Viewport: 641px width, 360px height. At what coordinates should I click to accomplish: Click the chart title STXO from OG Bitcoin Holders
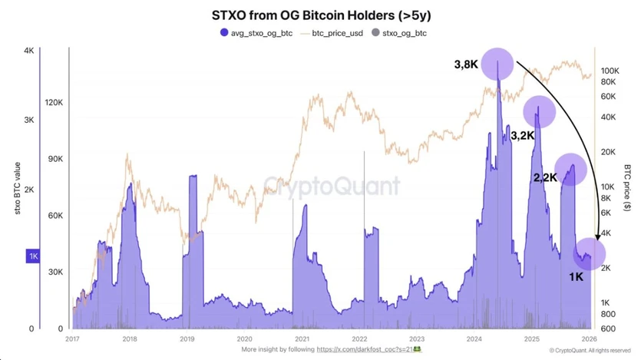(321, 15)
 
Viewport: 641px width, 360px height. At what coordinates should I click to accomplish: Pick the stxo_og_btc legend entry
(404, 33)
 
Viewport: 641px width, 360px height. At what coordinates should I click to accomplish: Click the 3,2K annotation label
(522, 135)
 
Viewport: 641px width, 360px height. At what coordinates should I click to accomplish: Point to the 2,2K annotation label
(545, 177)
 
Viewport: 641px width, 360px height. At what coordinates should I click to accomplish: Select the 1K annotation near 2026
(576, 277)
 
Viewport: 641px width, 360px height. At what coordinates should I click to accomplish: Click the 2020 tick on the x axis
(244, 339)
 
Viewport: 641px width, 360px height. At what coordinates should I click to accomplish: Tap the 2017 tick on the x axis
(73, 339)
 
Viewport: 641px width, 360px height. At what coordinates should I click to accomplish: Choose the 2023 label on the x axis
(416, 339)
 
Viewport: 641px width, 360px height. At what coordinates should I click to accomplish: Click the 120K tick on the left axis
(55, 102)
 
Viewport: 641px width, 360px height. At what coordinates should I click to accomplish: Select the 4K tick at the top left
(28, 51)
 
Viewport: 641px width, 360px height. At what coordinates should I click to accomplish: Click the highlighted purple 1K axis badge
(33, 256)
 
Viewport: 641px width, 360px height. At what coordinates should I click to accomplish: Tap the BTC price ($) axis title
(628, 188)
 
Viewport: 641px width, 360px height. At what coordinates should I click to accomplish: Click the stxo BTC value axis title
(17, 188)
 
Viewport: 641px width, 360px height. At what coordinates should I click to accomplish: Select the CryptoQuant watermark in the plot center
(332, 187)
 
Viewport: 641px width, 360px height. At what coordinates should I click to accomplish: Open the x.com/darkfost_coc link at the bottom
(365, 349)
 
